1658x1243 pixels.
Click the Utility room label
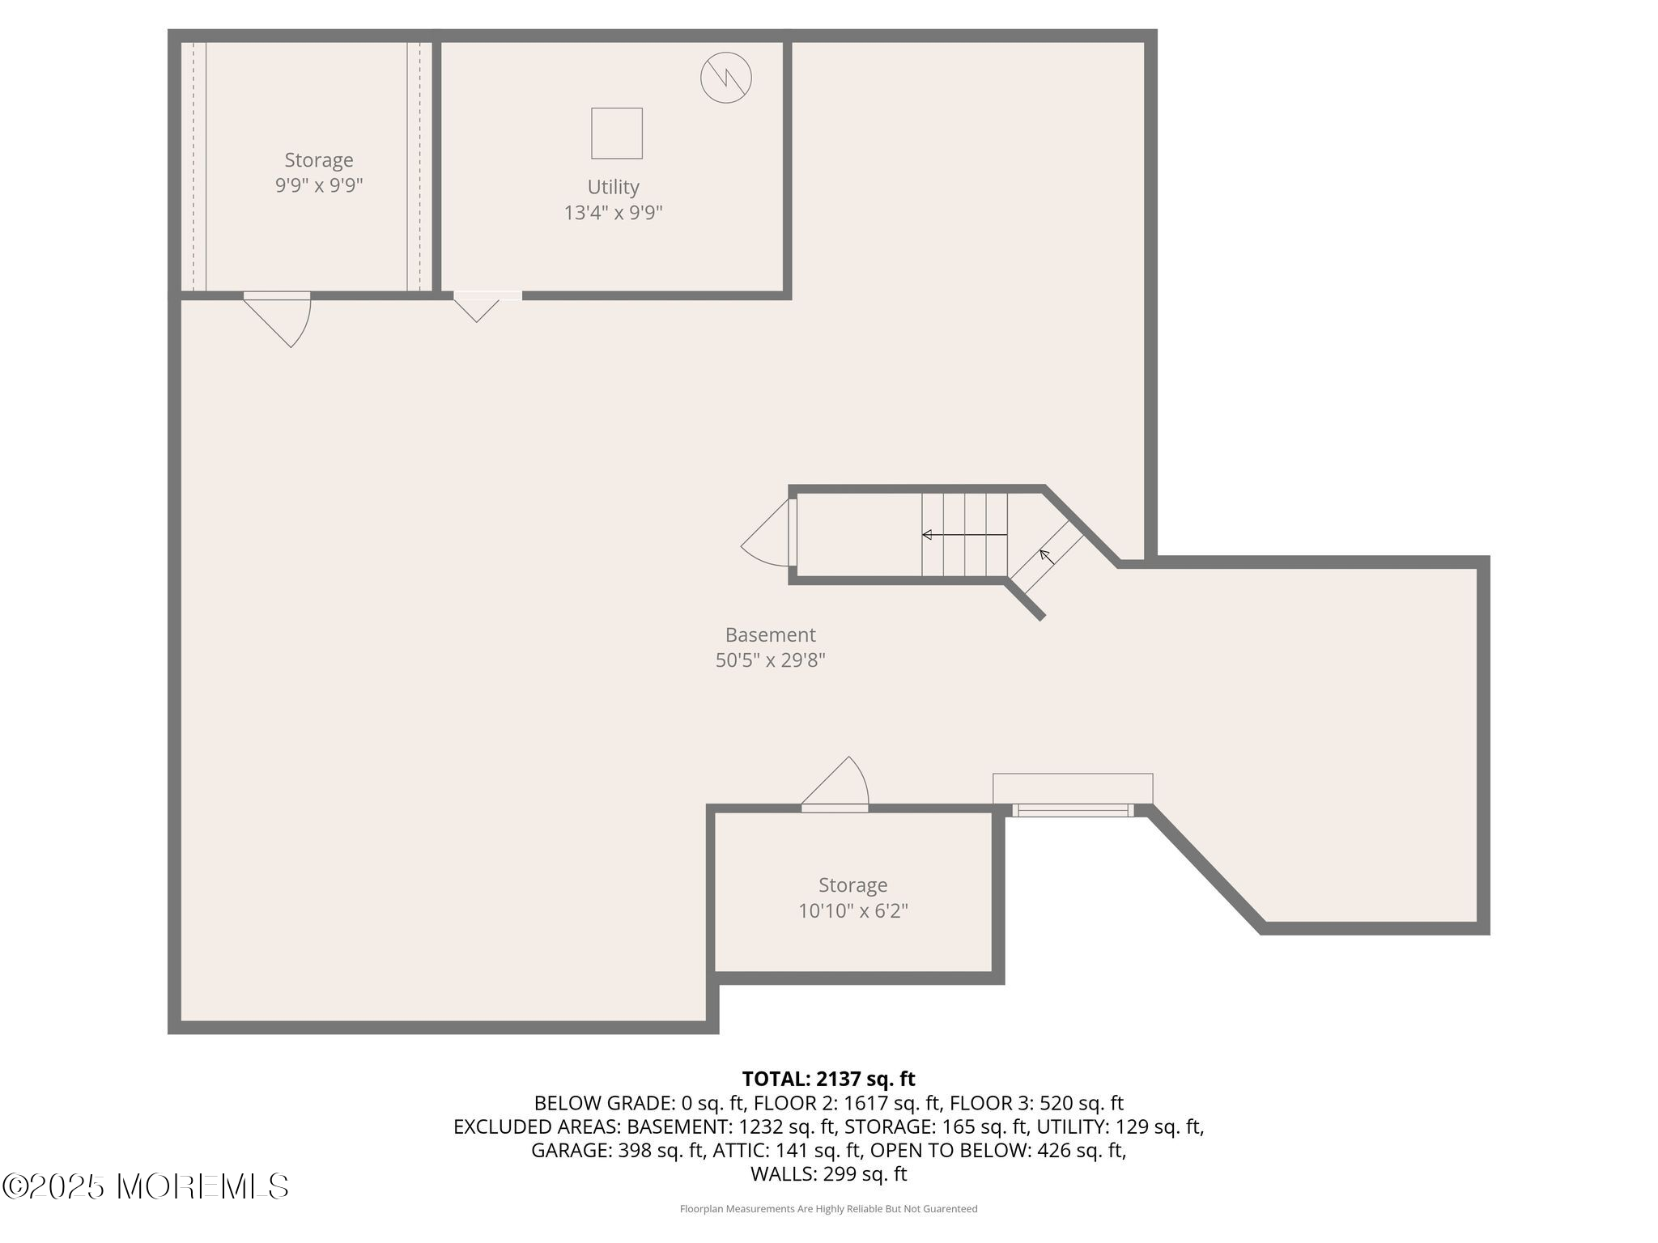tap(613, 187)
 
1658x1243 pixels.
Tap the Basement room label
tap(770, 634)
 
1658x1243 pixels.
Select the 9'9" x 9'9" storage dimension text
tap(319, 185)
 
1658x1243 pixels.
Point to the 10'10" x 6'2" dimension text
tap(853, 910)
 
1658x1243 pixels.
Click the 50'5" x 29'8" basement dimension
tap(770, 660)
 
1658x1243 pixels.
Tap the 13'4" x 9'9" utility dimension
tap(613, 213)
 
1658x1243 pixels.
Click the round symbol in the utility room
tap(725, 78)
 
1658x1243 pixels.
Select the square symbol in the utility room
tap(617, 133)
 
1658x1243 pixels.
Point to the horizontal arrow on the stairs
tap(965, 535)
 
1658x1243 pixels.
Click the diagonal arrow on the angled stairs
tap(1047, 556)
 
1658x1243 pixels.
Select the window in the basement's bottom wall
tap(1073, 810)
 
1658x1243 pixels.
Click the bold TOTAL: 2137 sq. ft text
tap(828, 1079)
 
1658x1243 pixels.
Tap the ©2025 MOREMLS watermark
tap(146, 1186)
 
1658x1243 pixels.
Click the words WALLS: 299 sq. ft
tap(828, 1173)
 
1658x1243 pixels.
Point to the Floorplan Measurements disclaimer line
tap(828, 1209)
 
